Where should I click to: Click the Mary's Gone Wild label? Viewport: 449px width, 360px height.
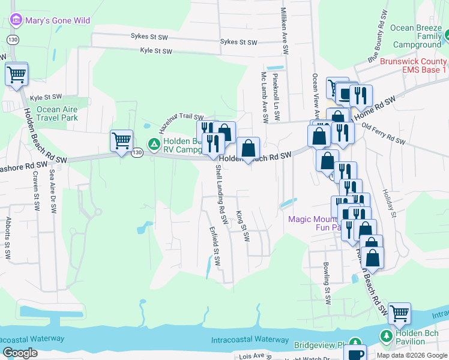[57, 20]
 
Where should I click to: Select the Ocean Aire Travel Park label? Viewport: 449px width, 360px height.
[57, 113]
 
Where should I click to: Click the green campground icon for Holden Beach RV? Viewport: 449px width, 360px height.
[154, 144]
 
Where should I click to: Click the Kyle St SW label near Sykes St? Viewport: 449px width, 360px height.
[156, 51]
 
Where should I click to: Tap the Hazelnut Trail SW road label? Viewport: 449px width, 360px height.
[181, 124]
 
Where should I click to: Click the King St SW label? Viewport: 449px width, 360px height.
[242, 226]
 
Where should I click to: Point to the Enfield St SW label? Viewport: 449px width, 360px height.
[214, 246]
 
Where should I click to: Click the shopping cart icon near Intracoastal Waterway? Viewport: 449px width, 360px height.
[399, 313]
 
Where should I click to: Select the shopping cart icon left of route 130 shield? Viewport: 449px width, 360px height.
[121, 140]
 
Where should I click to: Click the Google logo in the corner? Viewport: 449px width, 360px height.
[20, 353]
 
